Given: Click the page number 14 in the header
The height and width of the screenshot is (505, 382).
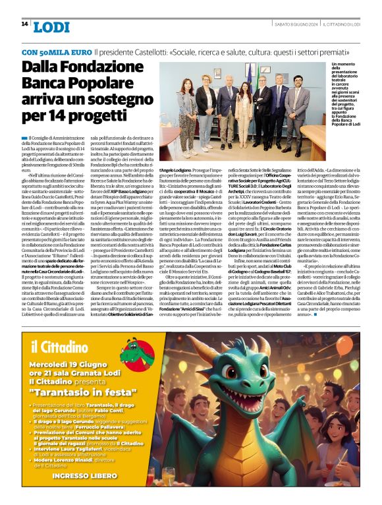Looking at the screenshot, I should [x=24, y=24].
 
